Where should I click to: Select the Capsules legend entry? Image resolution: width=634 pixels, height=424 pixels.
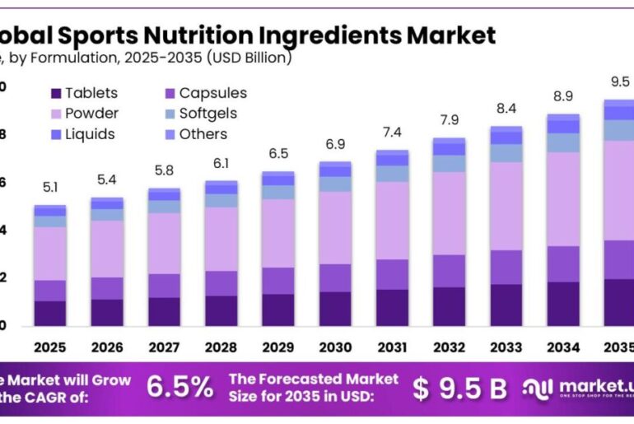tap(203, 93)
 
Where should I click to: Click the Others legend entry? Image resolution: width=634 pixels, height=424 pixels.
tap(194, 134)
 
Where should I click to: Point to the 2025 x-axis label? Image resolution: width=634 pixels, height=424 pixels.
tap(49, 347)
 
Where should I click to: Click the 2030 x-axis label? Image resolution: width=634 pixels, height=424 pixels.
tap(335, 347)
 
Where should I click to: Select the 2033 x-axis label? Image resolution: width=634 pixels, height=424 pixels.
tap(506, 347)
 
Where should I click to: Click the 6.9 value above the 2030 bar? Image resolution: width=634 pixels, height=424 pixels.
tap(335, 145)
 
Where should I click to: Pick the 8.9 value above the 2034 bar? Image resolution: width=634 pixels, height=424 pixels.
tap(563, 97)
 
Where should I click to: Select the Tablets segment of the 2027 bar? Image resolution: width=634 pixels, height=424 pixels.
tap(164, 311)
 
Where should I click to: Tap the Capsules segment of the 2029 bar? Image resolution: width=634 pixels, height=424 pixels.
tap(278, 281)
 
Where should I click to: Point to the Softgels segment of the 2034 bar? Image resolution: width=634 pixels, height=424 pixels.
tap(563, 142)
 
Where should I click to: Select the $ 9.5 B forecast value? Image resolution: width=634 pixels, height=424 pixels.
tap(459, 388)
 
